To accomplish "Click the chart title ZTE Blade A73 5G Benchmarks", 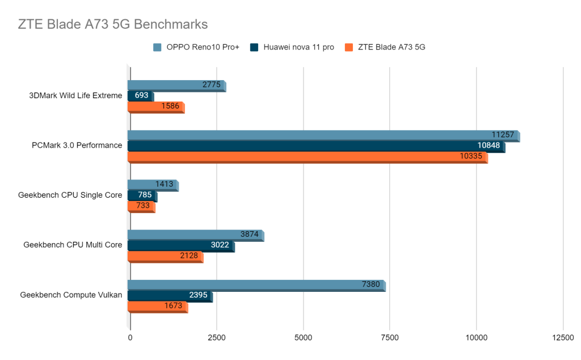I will coord(113,24).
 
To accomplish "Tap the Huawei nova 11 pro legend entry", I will coord(298,47).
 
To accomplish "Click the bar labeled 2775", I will coord(176,85).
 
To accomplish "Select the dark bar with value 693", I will coord(140,96).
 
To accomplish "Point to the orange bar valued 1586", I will coord(156,107).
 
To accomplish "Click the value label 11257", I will coord(503,135).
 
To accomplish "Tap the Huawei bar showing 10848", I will coord(315,145).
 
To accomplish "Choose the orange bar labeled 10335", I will coord(307,156).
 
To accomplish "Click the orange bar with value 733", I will coord(141,206).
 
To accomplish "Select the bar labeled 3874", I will coord(195,234).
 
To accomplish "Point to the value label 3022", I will coord(216,245).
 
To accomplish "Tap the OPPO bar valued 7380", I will coord(256,284).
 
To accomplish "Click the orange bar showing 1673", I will coord(157,305).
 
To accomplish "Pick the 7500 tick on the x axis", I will coord(390,337).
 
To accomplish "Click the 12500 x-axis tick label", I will coord(562,337).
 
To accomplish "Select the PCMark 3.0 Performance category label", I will coord(77,145).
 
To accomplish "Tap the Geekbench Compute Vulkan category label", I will coord(71,295).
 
